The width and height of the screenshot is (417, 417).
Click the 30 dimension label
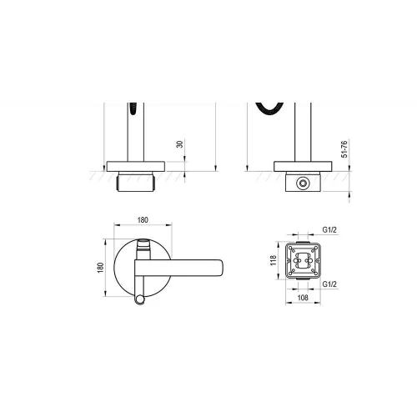pyautogui.click(x=180, y=144)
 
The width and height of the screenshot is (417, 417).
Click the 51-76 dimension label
pyautogui.click(x=344, y=149)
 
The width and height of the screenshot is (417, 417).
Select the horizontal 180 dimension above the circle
pyautogui.click(x=143, y=220)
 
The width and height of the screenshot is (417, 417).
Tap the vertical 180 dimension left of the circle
pyautogui.click(x=100, y=268)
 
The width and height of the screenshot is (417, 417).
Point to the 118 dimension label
pyautogui.click(x=274, y=260)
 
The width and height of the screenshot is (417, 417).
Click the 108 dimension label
pyautogui.click(x=303, y=298)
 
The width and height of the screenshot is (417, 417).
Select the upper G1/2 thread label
pyautogui.click(x=329, y=230)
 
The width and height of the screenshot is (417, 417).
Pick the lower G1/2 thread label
pyautogui.click(x=329, y=284)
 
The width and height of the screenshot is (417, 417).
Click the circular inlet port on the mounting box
pyautogui.click(x=303, y=183)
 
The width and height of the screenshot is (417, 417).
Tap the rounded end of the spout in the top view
pyautogui.click(x=220, y=268)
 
